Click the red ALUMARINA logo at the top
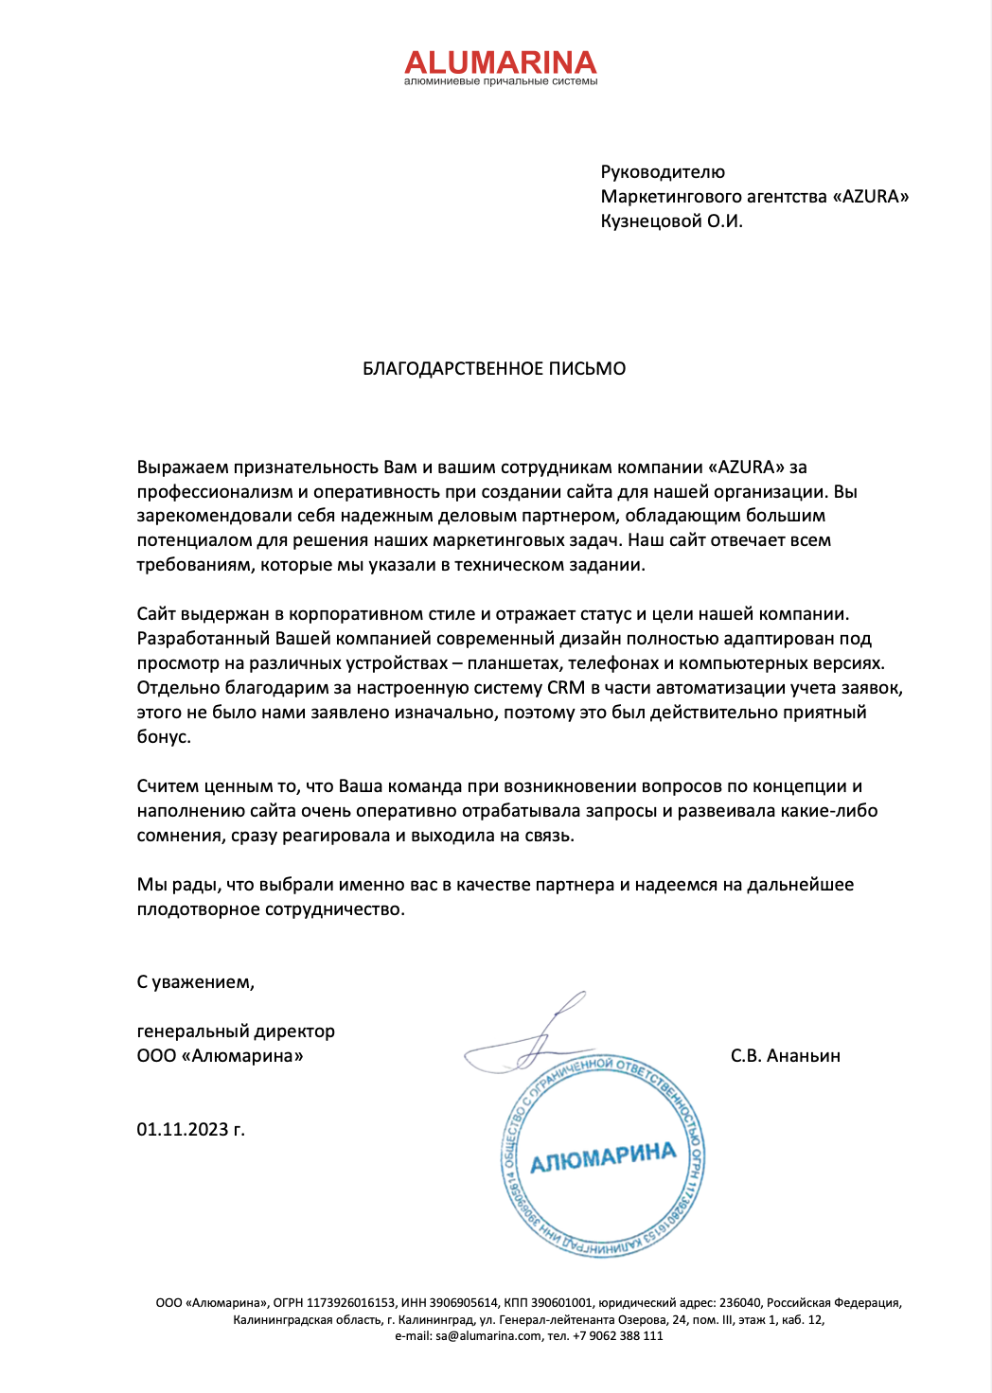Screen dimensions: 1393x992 point(501,62)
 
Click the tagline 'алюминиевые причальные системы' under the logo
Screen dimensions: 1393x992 point(501,82)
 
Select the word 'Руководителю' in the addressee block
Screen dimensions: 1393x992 point(663,172)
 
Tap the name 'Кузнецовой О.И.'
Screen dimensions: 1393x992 point(671,221)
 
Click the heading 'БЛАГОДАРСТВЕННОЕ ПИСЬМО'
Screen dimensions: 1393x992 point(494,369)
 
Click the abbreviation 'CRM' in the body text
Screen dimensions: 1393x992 point(566,688)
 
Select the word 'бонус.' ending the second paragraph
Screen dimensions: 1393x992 point(164,737)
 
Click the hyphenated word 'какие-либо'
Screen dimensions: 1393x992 point(829,811)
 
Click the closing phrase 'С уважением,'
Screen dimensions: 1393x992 point(195,982)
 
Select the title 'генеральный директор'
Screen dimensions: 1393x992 point(236,1032)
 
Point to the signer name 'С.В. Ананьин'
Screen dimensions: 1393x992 point(785,1056)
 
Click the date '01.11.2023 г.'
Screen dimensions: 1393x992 point(190,1129)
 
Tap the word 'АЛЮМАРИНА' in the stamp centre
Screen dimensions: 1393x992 point(603,1156)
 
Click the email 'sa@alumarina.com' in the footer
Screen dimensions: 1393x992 point(488,1336)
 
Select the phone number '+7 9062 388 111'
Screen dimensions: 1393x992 point(617,1336)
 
